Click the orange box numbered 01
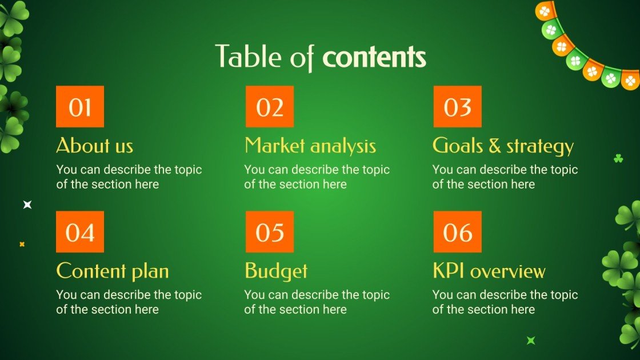pos(80,107)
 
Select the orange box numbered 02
pos(270,107)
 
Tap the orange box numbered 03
pos(457,107)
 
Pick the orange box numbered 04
pos(80,232)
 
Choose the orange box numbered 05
pos(270,232)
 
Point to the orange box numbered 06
pos(457,232)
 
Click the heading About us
pos(95,146)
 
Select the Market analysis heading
pos(310,146)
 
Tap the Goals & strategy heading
pos(503,146)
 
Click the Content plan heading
pos(113,271)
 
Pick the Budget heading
pos(276,271)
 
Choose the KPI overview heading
pos(489,271)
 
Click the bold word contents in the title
pos(374,58)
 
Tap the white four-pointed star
pos(27,205)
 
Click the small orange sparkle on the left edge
pos(22,244)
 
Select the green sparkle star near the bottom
pos(531,341)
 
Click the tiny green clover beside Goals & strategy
pos(618,158)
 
